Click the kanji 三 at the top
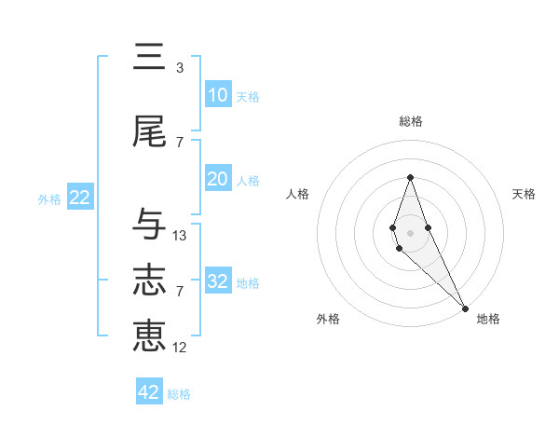[x=150, y=58]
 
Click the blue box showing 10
[x=218, y=95]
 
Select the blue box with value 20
[x=218, y=179]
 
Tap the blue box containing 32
[x=218, y=281]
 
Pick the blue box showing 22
[x=79, y=198]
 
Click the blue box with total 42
[x=149, y=392]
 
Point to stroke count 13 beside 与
[x=180, y=236]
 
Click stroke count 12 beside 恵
[x=180, y=348]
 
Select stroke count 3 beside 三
[x=180, y=68]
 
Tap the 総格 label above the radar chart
[x=410, y=121]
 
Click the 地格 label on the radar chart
[x=488, y=319]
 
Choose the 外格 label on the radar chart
[x=328, y=319]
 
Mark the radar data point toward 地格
[x=465, y=308]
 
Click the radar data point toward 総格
[x=410, y=177]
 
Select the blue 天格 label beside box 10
[x=248, y=96]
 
